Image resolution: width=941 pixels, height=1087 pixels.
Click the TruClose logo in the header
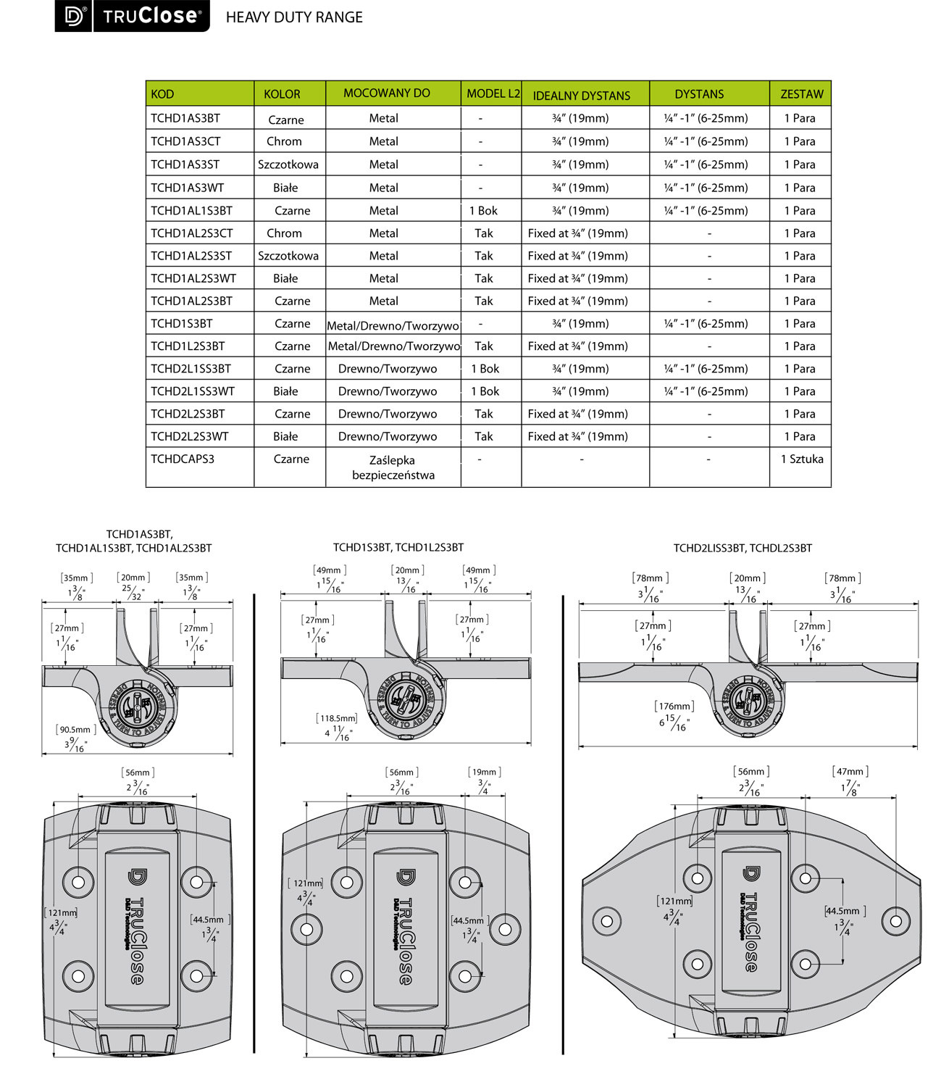point(132,16)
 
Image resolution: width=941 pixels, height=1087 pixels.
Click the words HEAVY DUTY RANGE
point(294,17)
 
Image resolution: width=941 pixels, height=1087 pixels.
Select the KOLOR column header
point(282,94)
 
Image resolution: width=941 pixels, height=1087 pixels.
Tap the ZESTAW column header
point(802,94)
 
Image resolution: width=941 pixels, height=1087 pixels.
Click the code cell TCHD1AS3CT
point(185,141)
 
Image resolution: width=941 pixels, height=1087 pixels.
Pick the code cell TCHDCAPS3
point(183,459)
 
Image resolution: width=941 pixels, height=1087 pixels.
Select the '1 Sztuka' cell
point(802,459)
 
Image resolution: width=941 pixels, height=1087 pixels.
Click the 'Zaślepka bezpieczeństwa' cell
point(393,467)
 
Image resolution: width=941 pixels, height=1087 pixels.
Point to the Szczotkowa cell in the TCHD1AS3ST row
point(288,164)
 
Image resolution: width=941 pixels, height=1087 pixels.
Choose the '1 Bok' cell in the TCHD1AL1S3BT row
point(483,211)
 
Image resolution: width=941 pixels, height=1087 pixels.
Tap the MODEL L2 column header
point(493,93)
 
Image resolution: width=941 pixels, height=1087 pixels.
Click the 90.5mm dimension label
point(76,730)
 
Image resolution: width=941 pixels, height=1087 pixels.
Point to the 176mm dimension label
point(674,706)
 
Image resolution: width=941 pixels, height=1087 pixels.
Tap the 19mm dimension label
point(484,772)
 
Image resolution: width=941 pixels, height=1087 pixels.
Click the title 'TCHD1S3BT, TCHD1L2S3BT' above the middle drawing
point(398,548)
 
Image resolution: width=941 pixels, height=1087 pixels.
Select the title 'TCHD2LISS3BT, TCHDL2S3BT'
point(743,549)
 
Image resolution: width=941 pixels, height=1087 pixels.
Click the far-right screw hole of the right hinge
point(896,920)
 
